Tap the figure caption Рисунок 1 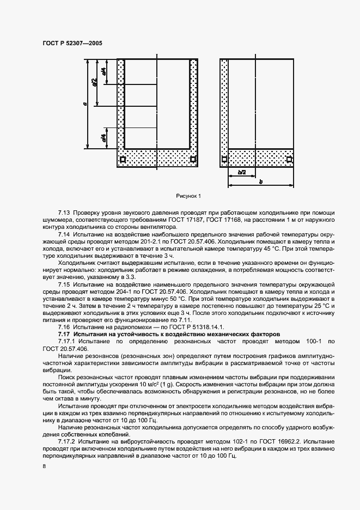pyautogui.click(x=188, y=195)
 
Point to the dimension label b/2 pyautogui.click(x=242, y=172)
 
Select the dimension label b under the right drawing pyautogui.click(x=260, y=182)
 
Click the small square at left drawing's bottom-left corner pyautogui.click(x=123, y=160)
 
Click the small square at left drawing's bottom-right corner pyautogui.click(x=193, y=160)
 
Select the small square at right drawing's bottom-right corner pyautogui.click(x=289, y=160)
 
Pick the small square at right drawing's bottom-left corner pyautogui.click(x=224, y=160)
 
